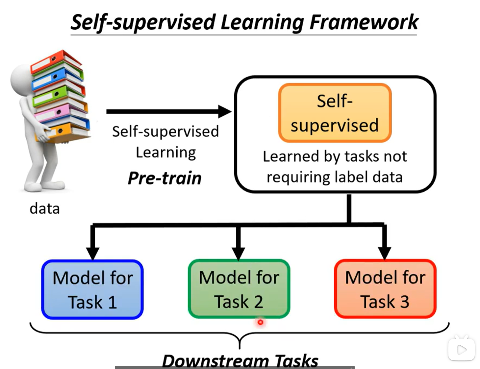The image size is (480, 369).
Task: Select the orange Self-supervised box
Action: (x=335, y=113)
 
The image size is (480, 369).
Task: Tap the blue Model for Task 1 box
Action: (x=92, y=289)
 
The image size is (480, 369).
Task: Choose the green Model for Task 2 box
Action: (x=239, y=289)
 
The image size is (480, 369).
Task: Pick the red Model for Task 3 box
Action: (x=385, y=289)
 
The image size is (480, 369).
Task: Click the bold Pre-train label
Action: (x=164, y=178)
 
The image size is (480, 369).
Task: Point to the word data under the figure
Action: (x=44, y=209)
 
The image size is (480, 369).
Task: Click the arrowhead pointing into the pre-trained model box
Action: (x=225, y=112)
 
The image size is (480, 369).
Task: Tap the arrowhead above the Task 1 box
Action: (x=93, y=253)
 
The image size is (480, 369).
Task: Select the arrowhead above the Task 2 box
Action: (x=238, y=253)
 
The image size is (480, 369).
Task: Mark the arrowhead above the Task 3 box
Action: (x=384, y=253)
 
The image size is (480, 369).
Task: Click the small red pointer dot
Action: (x=260, y=322)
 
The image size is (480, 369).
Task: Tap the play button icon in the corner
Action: (x=461, y=349)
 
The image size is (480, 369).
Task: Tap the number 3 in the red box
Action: (x=404, y=302)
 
